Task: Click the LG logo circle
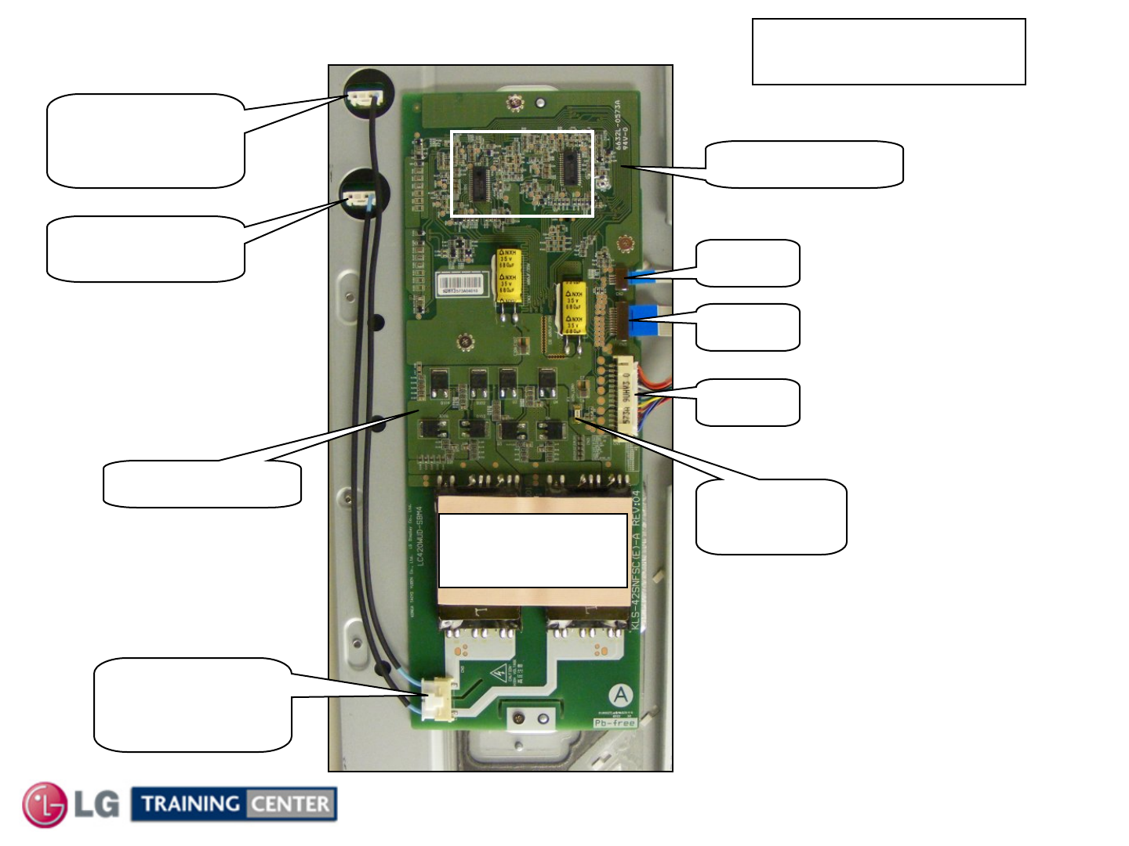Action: [45, 804]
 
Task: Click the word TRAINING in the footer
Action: [191, 804]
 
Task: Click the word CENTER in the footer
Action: [290, 804]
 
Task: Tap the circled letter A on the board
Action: [621, 695]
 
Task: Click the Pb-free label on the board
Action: [614, 723]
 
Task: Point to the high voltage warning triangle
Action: [499, 673]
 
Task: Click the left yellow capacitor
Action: [507, 274]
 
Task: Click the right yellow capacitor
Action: [573, 308]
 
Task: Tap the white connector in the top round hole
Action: [363, 99]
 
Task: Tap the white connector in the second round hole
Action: [358, 200]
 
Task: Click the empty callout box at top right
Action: [888, 52]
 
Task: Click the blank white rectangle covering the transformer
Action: [533, 550]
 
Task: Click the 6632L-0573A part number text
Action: [619, 125]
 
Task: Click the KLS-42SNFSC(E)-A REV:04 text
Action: [636, 560]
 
